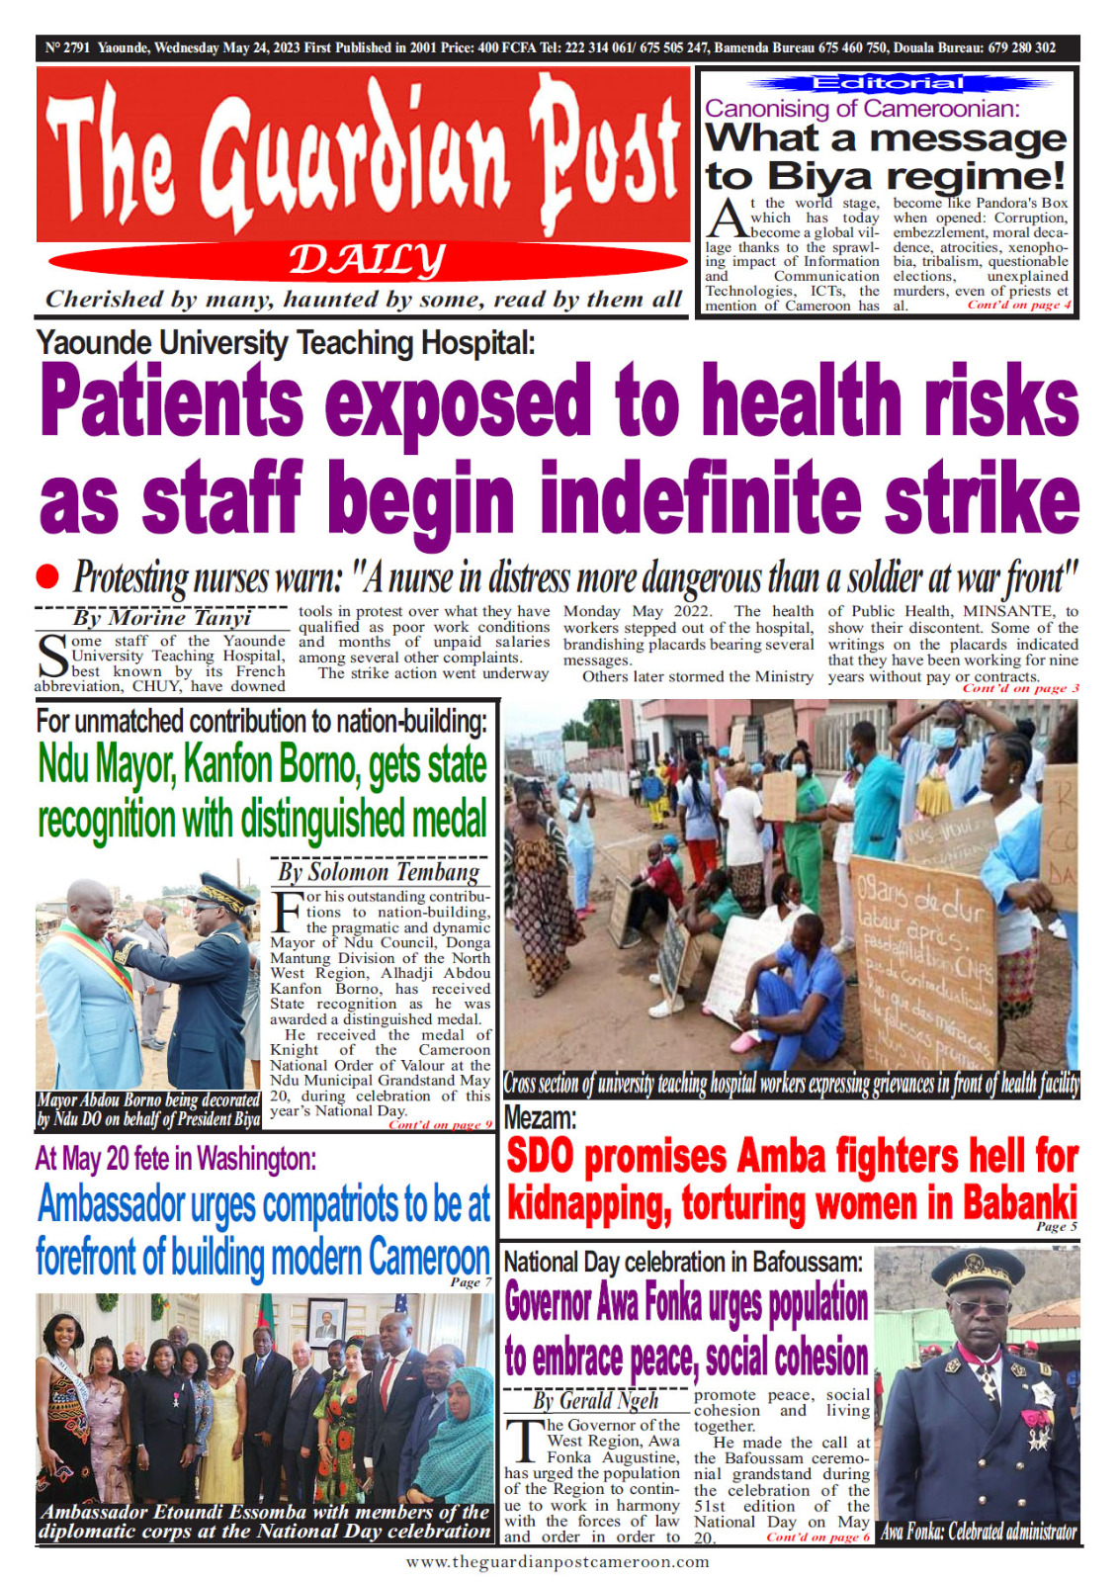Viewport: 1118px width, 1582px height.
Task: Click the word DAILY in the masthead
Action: click(367, 261)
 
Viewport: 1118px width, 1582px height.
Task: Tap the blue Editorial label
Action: click(887, 83)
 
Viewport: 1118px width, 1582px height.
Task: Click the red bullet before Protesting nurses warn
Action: click(47, 575)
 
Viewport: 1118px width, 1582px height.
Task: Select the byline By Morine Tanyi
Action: click(162, 618)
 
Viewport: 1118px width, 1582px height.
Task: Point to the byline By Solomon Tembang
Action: click(379, 871)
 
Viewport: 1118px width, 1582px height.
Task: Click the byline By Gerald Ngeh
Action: click(595, 1400)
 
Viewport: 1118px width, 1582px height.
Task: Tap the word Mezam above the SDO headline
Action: click(539, 1118)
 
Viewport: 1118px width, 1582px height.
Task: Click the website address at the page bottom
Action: click(558, 1562)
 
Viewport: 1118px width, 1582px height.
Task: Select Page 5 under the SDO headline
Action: click(1056, 1226)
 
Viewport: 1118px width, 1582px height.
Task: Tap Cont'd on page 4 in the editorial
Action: click(1018, 305)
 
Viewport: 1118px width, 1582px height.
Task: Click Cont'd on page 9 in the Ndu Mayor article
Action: click(440, 1124)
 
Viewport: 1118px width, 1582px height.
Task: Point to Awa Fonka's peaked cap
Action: click(978, 1272)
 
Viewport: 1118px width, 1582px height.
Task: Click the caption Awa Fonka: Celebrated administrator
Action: click(978, 1533)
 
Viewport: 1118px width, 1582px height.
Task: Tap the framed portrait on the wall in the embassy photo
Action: click(327, 1321)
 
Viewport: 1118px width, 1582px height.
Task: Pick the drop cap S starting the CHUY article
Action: click(51, 657)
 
